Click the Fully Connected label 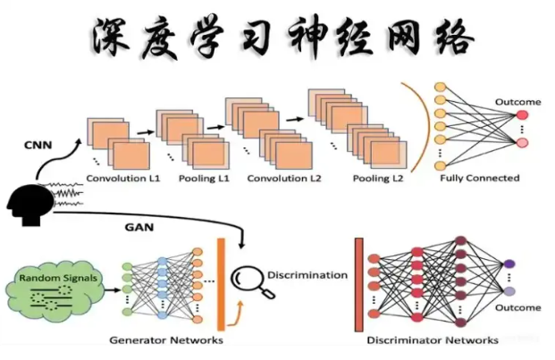tap(479, 179)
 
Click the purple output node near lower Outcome tap(509, 264)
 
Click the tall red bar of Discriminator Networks tap(358, 284)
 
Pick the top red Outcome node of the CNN tap(522, 115)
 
